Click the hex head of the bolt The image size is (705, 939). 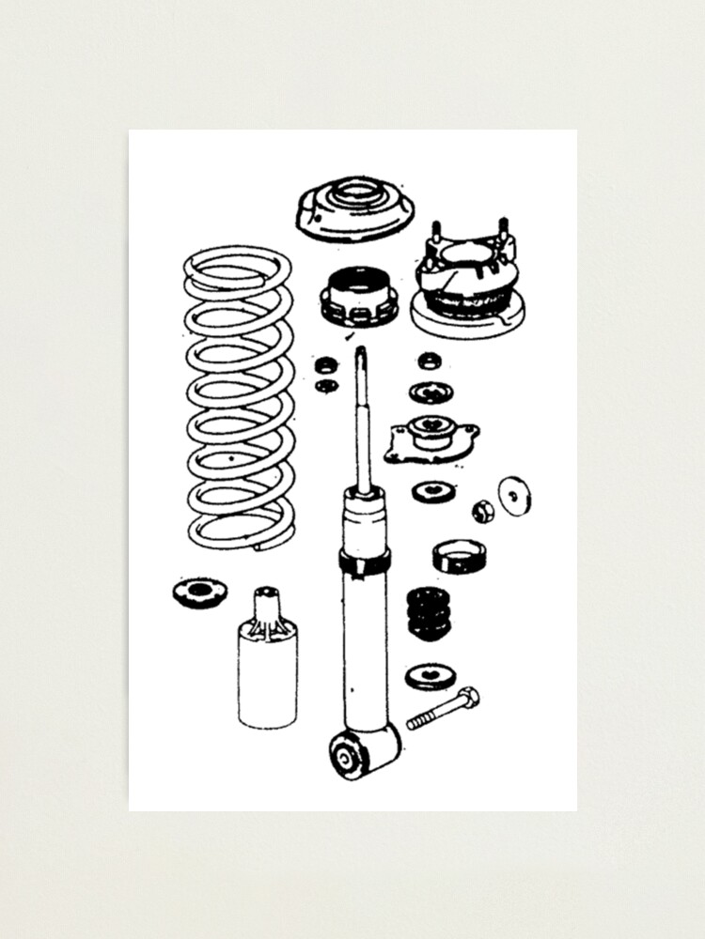[468, 697]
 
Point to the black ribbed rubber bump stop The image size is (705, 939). [428, 613]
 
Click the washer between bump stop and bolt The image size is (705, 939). [431, 675]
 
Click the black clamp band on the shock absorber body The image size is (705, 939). [365, 562]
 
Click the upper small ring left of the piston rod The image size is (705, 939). [327, 364]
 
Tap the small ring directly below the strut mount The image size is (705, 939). [431, 360]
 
